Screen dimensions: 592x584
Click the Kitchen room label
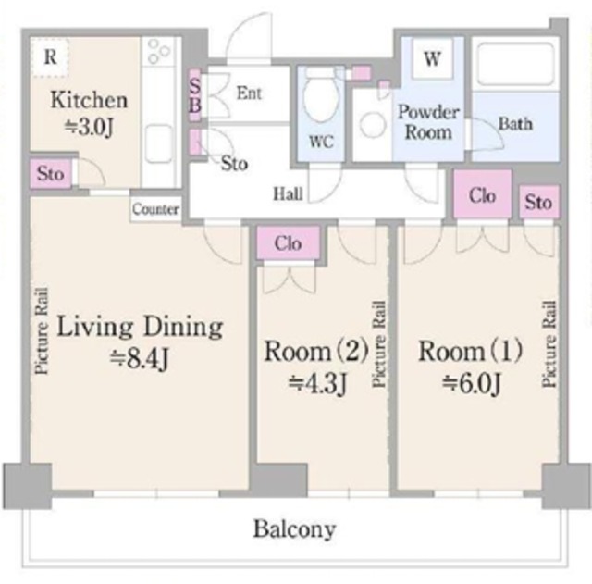click(89, 100)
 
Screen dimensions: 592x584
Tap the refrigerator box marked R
click(50, 57)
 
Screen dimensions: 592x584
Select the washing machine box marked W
click(432, 58)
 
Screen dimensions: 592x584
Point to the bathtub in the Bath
click(515, 64)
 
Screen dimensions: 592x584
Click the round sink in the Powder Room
click(373, 124)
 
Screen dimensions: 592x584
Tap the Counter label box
click(155, 209)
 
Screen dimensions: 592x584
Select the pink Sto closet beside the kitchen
click(51, 174)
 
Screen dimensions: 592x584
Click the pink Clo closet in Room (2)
click(288, 242)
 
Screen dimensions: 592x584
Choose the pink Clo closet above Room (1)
click(482, 194)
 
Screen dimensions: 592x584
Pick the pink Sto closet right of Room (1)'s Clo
click(538, 202)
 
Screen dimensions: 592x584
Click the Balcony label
click(294, 528)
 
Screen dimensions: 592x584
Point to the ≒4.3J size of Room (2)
click(317, 382)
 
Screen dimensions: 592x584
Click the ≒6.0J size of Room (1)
click(471, 382)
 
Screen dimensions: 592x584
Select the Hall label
click(288, 194)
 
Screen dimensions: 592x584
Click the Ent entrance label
click(249, 93)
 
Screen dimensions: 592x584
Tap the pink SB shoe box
click(194, 95)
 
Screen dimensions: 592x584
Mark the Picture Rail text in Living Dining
click(42, 331)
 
